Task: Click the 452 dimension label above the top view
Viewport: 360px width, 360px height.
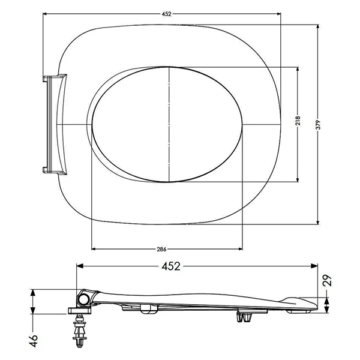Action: pos(164,14)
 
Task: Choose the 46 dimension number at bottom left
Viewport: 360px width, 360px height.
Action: pos(34,340)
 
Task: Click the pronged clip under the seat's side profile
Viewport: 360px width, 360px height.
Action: pos(244,317)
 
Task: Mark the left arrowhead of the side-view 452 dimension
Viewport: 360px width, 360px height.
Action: pos(80,266)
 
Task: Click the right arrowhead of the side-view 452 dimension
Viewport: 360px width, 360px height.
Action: pos(316,266)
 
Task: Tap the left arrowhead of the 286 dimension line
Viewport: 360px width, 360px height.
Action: pos(93,248)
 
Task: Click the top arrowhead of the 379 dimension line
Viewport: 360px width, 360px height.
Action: pos(317,26)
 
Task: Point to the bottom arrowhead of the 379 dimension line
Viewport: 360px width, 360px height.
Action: pos(317,223)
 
